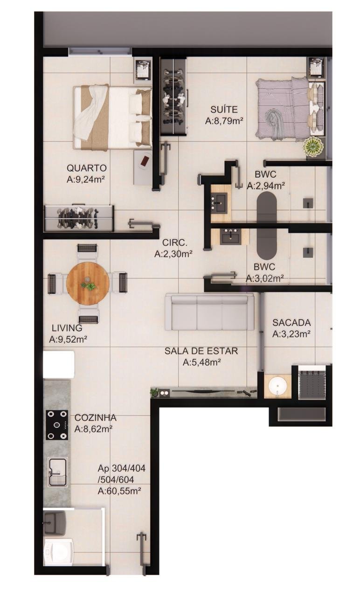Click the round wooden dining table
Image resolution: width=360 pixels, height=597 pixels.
click(x=88, y=283)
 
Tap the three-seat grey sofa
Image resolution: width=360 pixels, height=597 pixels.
click(x=209, y=312)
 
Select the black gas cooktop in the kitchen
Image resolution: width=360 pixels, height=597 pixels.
click(x=57, y=425)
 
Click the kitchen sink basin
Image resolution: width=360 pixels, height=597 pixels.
click(x=57, y=472)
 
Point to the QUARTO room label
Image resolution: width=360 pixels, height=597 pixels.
click(x=86, y=168)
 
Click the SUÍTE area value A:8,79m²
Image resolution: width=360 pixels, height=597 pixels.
click(x=224, y=121)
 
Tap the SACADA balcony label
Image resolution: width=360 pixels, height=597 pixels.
click(x=291, y=322)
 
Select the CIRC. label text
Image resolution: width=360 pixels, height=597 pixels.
click(x=174, y=243)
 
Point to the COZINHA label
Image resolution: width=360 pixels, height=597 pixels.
click(x=95, y=417)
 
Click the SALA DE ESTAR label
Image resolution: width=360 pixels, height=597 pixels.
click(x=201, y=351)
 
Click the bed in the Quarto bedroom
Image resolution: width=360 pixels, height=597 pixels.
click(x=112, y=117)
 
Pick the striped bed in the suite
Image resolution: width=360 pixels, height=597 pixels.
click(x=290, y=109)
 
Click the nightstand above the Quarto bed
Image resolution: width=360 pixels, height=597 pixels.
click(x=143, y=70)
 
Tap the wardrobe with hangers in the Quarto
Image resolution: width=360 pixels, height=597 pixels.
click(x=79, y=218)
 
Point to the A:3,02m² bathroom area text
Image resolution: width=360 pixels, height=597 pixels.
click(x=264, y=278)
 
